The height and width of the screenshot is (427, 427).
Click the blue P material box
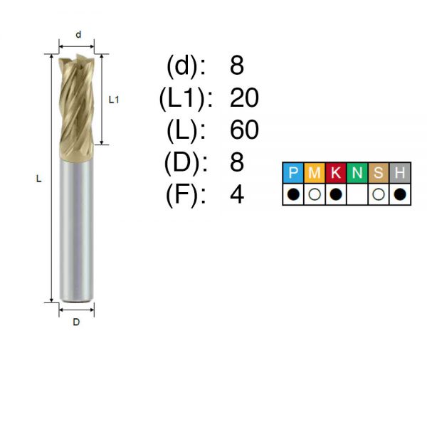(x=293, y=173)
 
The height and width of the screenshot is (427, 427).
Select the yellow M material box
(x=315, y=173)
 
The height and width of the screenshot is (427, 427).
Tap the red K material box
(x=336, y=173)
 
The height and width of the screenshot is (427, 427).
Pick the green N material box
(x=357, y=173)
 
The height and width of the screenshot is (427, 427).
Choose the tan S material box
(x=379, y=173)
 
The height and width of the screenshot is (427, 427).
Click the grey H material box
(x=400, y=173)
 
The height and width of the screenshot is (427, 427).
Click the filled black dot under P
(x=293, y=194)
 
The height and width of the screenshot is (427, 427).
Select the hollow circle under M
(x=315, y=194)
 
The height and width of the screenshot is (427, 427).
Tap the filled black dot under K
(x=336, y=194)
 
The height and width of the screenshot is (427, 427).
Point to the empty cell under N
(x=357, y=194)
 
